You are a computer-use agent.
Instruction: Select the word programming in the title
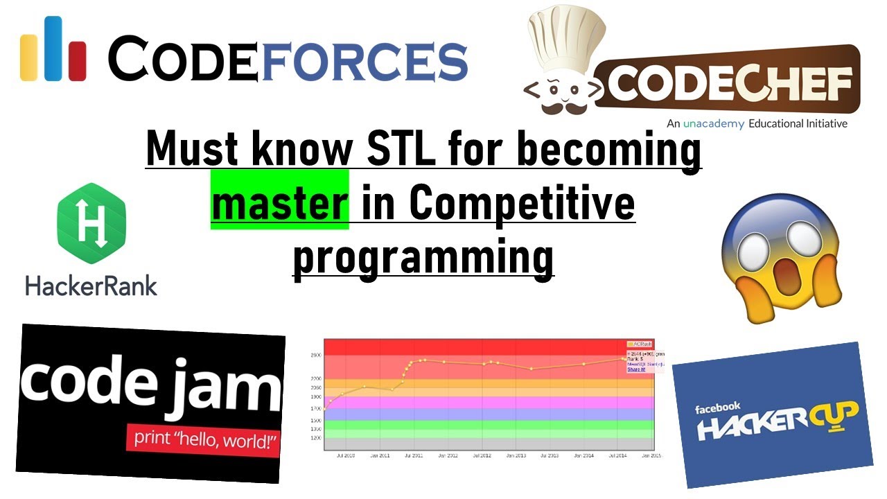coord(423,259)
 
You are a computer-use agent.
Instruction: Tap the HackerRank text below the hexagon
coord(91,285)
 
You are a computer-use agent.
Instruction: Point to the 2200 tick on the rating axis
coord(315,378)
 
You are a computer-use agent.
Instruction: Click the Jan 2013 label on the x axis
coord(516,456)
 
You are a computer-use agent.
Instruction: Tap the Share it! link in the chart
coord(636,369)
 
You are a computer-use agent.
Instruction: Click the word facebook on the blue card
coord(718,408)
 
